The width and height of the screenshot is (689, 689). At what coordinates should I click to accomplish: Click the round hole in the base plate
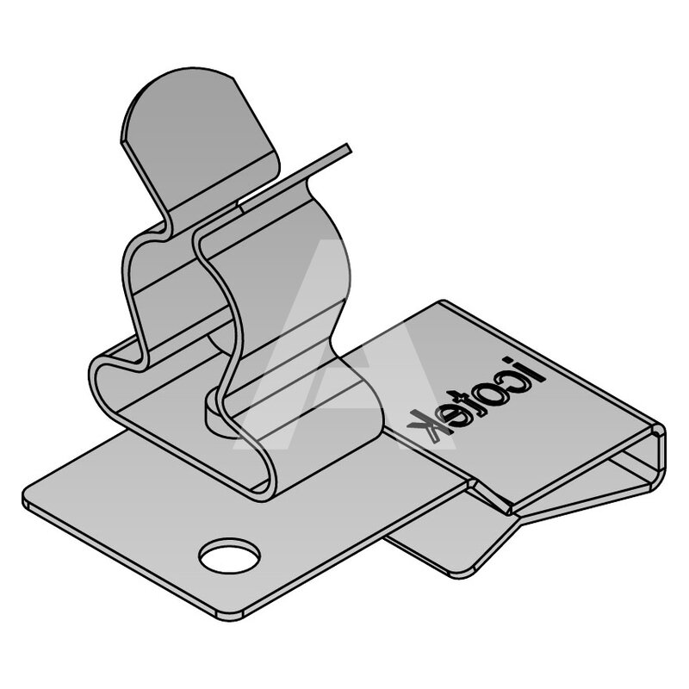[229, 556]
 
